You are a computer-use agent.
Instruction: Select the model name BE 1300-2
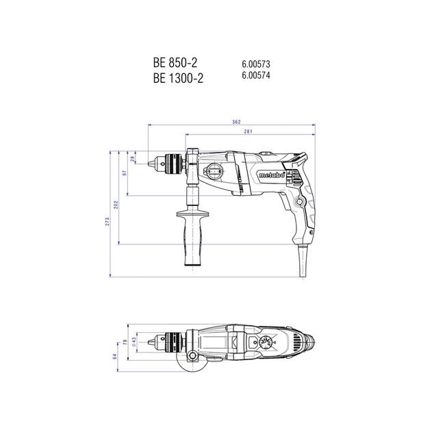pyautogui.click(x=179, y=77)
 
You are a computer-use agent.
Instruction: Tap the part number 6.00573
pyautogui.click(x=255, y=64)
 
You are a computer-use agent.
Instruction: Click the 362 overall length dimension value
pyautogui.click(x=236, y=122)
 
